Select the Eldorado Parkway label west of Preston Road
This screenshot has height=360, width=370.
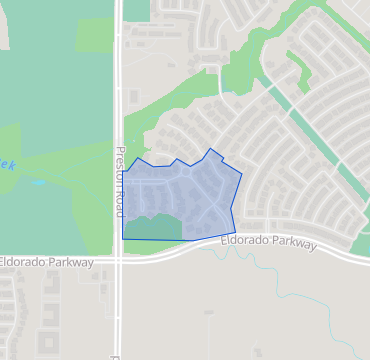47,262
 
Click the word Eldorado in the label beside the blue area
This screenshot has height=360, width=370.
244,243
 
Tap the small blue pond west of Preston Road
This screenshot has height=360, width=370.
39,182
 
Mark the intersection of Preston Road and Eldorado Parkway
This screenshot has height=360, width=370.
118,257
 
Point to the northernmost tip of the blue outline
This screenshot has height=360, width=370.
210,149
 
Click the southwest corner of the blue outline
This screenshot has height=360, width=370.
123,239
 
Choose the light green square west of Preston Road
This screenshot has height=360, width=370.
94,35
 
